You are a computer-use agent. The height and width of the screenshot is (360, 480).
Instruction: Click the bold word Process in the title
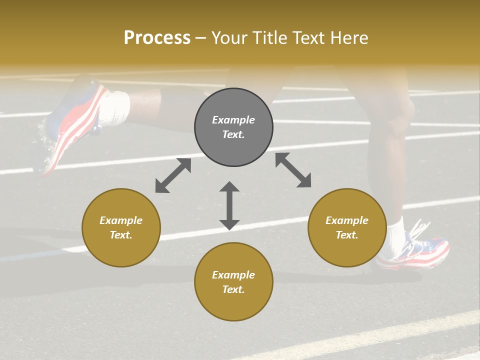157,38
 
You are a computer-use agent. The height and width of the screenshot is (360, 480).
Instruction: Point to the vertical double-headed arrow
229,205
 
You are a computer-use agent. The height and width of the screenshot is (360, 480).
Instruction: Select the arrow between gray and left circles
173,175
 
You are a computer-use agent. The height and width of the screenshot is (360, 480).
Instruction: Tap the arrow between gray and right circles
293,170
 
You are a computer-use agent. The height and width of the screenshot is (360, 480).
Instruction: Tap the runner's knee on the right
400,112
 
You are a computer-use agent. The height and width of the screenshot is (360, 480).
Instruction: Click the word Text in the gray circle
233,134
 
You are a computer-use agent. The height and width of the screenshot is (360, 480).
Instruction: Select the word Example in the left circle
121,220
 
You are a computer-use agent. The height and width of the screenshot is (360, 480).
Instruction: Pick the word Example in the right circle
347,220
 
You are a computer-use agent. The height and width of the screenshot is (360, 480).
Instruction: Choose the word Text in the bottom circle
233,289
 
